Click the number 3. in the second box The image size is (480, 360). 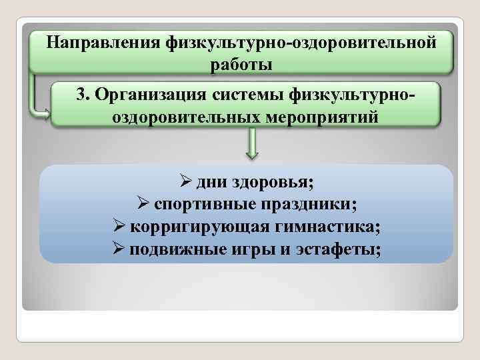coord(83,94)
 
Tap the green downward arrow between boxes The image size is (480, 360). coord(252,145)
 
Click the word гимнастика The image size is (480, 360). coord(325,227)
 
